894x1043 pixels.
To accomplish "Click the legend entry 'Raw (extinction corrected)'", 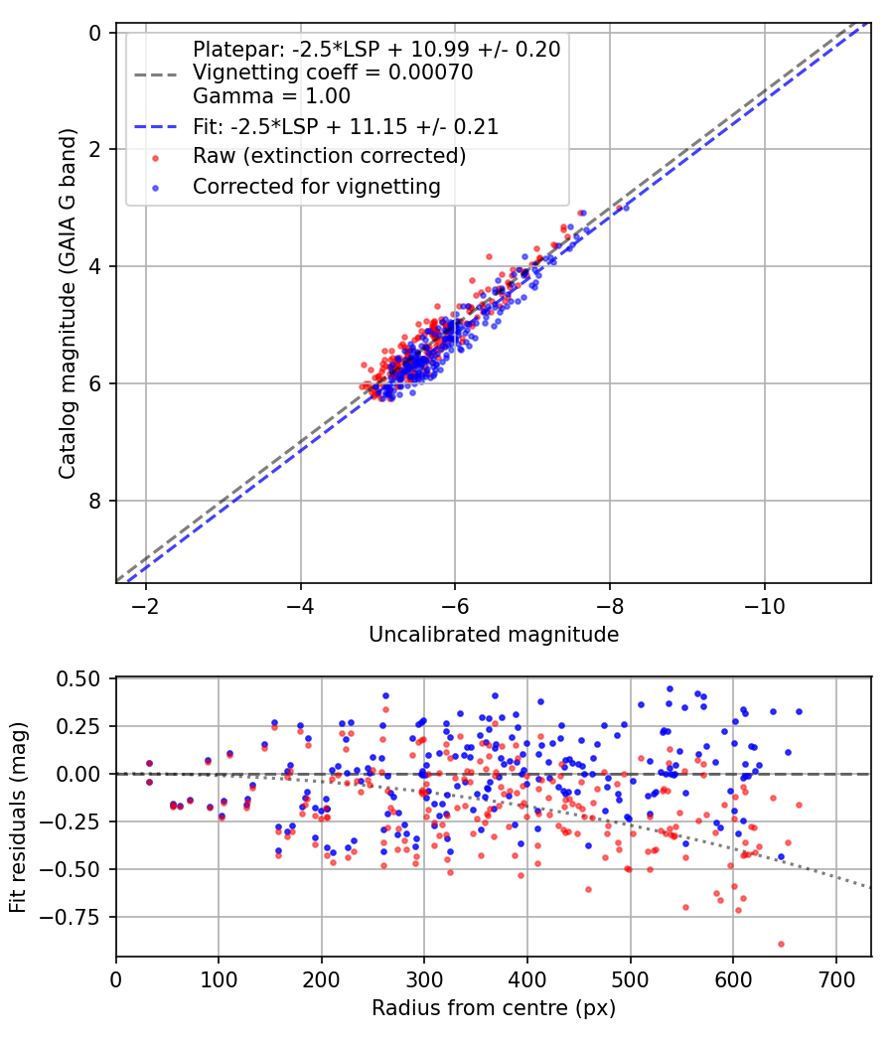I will [x=329, y=156].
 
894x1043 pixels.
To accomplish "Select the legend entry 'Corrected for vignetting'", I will [x=316, y=186].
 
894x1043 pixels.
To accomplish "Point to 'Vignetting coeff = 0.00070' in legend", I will [x=333, y=73].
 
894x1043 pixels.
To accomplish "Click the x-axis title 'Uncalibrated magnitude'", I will [x=494, y=634].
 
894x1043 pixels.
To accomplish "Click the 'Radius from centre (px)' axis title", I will [x=494, y=1008].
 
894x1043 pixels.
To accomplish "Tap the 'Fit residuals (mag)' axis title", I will [x=18, y=818].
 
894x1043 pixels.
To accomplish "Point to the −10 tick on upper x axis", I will [x=764, y=604].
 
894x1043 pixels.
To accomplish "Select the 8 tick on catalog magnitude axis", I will [x=95, y=501].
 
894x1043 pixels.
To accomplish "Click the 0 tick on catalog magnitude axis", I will [x=95, y=33].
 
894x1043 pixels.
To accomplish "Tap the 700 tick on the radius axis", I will [x=835, y=978].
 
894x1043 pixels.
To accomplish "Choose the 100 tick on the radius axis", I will [x=219, y=978].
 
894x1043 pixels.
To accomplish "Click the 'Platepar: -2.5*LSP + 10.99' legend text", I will [x=376, y=49].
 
